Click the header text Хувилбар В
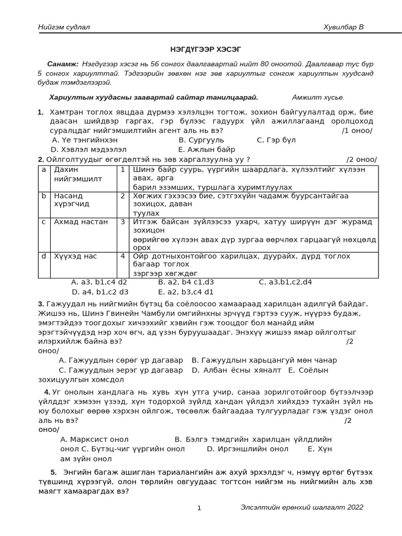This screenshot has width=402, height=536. (343, 27)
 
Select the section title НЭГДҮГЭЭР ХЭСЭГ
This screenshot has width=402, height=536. (205, 49)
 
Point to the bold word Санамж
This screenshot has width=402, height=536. (62, 64)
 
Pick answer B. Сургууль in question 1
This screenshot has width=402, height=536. (201, 140)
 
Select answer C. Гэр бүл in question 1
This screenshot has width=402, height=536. (276, 140)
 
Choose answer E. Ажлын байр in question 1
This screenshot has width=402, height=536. (207, 150)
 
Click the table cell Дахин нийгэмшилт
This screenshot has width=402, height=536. (79, 174)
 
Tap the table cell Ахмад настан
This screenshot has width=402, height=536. (81, 222)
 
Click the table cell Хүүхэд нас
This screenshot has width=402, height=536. (75, 256)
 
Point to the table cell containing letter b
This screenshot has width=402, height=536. (44, 196)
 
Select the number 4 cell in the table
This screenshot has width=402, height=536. (122, 256)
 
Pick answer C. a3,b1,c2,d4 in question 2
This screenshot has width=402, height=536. (285, 282)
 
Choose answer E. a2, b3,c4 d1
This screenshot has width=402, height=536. (186, 292)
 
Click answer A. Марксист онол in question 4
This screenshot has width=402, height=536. (94, 440)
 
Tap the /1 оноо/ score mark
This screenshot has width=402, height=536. (357, 131)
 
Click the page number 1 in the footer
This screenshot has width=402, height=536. (199, 508)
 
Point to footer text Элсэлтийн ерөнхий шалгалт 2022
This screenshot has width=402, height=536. (301, 507)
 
